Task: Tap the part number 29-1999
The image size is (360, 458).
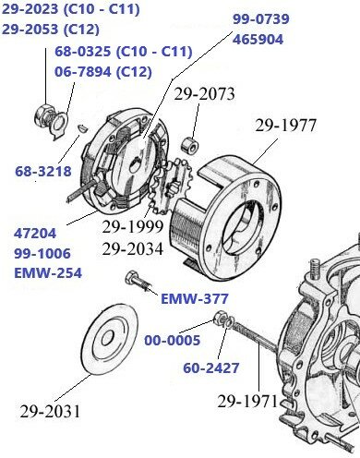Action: pos(132,226)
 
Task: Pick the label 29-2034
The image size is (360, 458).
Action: pos(132,247)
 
